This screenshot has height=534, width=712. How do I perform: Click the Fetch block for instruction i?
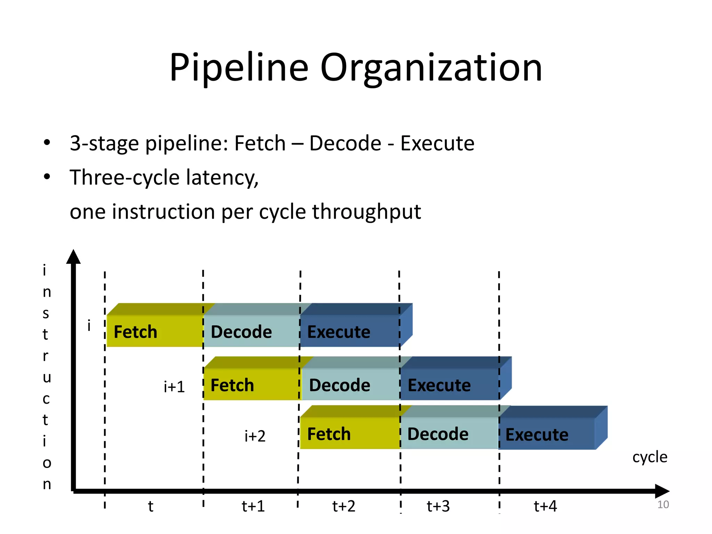(x=154, y=331)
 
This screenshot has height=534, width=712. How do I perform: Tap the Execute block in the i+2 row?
(x=547, y=434)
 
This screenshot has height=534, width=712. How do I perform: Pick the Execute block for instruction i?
(x=350, y=331)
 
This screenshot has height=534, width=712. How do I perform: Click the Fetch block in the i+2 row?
(x=350, y=434)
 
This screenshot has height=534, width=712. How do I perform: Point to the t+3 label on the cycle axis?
(x=438, y=506)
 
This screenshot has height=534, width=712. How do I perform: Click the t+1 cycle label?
(x=253, y=506)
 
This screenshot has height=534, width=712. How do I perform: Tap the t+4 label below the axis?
(x=545, y=506)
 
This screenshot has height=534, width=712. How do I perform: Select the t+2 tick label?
(x=343, y=506)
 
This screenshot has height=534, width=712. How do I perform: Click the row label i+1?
(x=174, y=387)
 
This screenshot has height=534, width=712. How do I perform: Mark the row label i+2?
(x=255, y=436)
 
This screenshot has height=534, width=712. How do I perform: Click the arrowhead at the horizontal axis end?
(x=662, y=491)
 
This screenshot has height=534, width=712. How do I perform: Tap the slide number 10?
(x=663, y=504)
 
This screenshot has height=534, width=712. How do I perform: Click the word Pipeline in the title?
(x=239, y=68)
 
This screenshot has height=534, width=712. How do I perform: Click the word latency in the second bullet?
(x=222, y=177)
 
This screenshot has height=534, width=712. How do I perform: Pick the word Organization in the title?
(x=431, y=68)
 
